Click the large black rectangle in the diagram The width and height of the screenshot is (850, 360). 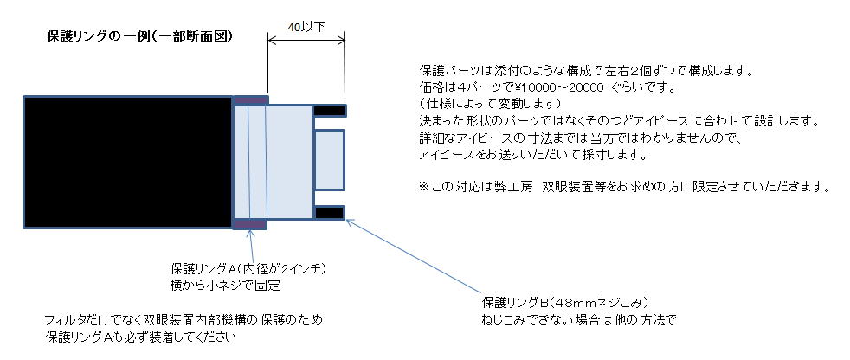128,162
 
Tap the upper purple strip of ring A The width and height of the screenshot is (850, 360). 250,100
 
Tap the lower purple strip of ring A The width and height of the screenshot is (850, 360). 250,224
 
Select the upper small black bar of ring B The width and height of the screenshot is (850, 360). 329,111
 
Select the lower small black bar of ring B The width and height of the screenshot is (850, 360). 329,213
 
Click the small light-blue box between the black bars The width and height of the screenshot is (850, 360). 329,160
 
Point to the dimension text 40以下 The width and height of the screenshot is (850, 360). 306,27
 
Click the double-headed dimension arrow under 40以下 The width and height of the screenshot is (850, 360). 306,40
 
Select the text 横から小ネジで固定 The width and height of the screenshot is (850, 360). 225,286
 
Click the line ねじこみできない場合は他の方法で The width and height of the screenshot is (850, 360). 579,319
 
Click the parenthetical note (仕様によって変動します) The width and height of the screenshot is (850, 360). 491,103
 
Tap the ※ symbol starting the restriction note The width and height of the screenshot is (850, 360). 424,188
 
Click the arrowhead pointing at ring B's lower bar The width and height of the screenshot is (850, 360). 349,222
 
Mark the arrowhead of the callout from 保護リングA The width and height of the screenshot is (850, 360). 250,232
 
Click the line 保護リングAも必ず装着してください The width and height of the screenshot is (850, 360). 141,337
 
